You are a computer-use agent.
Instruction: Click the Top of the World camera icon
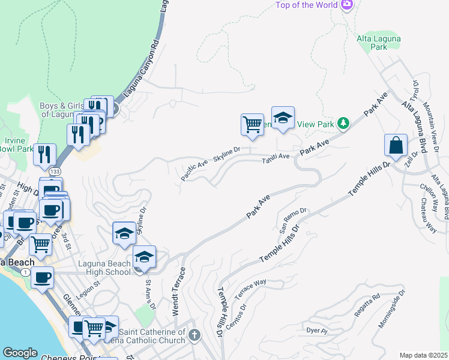click(x=346, y=5)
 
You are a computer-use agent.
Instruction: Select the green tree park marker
click(x=343, y=124)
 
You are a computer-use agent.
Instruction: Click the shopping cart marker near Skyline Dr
click(x=253, y=125)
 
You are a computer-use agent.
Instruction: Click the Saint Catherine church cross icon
click(x=194, y=334)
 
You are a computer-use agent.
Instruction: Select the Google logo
click(x=20, y=353)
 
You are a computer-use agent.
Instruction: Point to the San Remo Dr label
click(x=294, y=220)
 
